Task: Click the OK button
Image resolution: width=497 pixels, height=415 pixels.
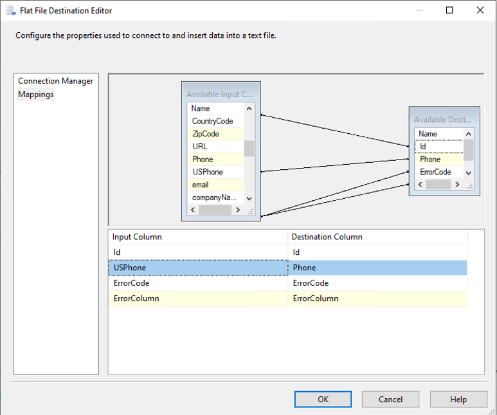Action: pyautogui.click(x=323, y=399)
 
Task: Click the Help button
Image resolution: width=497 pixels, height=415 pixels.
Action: pyautogui.click(x=458, y=399)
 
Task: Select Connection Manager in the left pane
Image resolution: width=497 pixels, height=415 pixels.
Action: pyautogui.click(x=55, y=81)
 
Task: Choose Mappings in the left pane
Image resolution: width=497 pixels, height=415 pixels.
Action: pyautogui.click(x=36, y=95)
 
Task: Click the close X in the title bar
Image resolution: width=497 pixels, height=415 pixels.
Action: pyautogui.click(x=480, y=10)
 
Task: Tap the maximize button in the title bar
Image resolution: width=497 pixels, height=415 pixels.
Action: pyautogui.click(x=449, y=10)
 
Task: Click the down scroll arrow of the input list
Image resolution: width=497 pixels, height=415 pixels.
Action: pyautogui.click(x=249, y=199)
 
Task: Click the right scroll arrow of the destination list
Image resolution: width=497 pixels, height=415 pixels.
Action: pyautogui.click(x=457, y=185)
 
